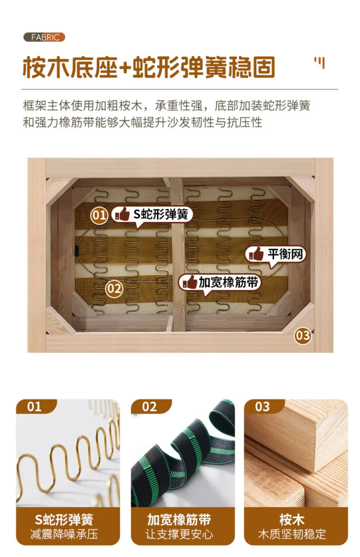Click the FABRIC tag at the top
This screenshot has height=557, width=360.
[44, 37]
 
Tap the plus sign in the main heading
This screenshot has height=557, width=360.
[124, 67]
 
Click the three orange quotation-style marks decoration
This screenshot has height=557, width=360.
[320, 62]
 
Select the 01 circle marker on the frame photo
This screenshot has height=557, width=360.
[99, 215]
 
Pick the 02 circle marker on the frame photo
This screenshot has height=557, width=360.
[114, 288]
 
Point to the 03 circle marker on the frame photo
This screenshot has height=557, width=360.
[303, 335]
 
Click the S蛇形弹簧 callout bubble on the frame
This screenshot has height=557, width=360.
[152, 215]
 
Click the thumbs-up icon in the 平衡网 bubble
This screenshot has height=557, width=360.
[256, 254]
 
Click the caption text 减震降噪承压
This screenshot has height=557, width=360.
[64, 534]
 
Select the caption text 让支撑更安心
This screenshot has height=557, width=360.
[179, 534]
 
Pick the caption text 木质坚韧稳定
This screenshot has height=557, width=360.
[292, 534]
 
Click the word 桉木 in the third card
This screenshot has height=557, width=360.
[292, 520]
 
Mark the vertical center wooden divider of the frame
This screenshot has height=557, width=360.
[178, 254]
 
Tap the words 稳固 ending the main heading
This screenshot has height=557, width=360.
[252, 67]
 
